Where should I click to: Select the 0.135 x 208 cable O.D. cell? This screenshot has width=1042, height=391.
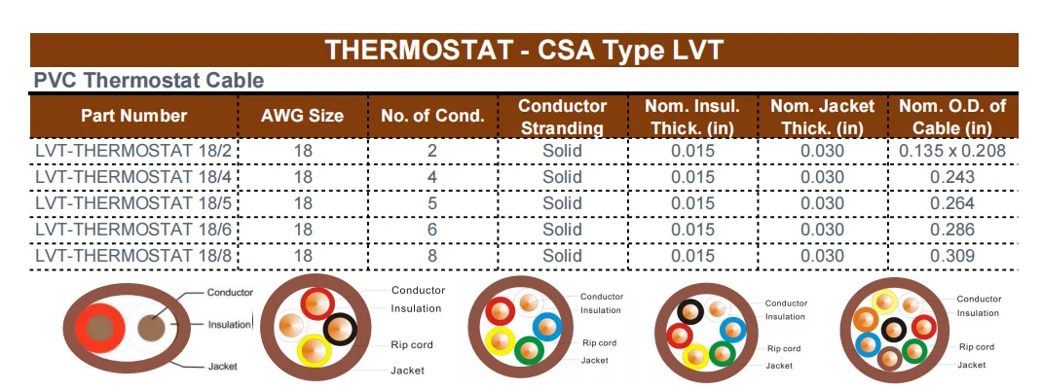tap(951, 151)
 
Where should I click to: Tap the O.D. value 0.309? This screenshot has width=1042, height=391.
tap(951, 256)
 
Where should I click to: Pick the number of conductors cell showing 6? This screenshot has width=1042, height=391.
tap(432, 230)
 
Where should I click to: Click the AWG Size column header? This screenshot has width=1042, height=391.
tap(302, 116)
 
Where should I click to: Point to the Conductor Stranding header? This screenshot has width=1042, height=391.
tap(562, 116)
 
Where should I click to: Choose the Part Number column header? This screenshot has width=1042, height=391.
tap(133, 116)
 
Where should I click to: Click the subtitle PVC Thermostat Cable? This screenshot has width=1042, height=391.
tap(148, 81)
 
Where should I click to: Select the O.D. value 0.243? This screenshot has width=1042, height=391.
tap(951, 177)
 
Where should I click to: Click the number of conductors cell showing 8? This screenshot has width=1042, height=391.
tap(432, 256)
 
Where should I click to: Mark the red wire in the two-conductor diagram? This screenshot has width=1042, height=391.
tap(95, 326)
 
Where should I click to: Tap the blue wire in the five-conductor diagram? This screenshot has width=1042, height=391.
tap(546, 326)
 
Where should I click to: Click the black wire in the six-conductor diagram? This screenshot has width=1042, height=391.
tap(691, 312)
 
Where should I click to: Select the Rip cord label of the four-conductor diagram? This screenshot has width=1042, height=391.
tap(412, 344)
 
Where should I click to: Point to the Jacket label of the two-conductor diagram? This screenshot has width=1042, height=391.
tap(223, 367)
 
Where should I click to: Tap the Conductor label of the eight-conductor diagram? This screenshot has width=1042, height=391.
tap(979, 299)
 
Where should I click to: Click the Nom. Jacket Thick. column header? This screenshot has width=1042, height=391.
tap(822, 116)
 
